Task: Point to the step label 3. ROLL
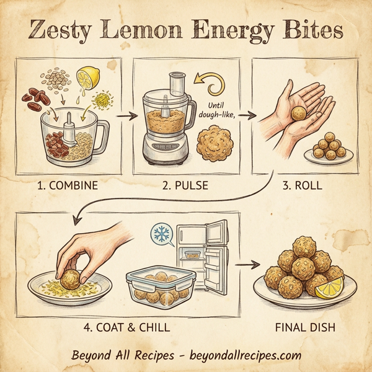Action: (x=302, y=185)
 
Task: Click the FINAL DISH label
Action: (x=309, y=327)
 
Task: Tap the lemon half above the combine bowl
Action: (x=88, y=79)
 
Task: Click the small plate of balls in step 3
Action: (x=328, y=149)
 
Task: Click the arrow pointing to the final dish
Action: (x=247, y=264)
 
